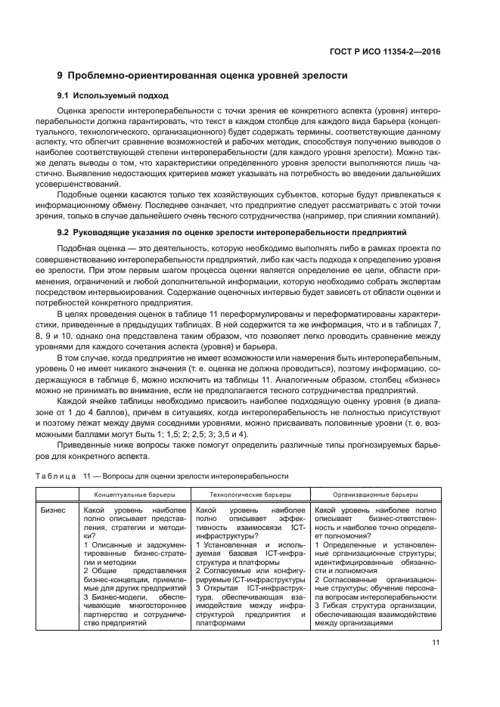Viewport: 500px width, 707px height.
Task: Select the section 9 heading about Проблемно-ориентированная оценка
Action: (203, 76)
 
